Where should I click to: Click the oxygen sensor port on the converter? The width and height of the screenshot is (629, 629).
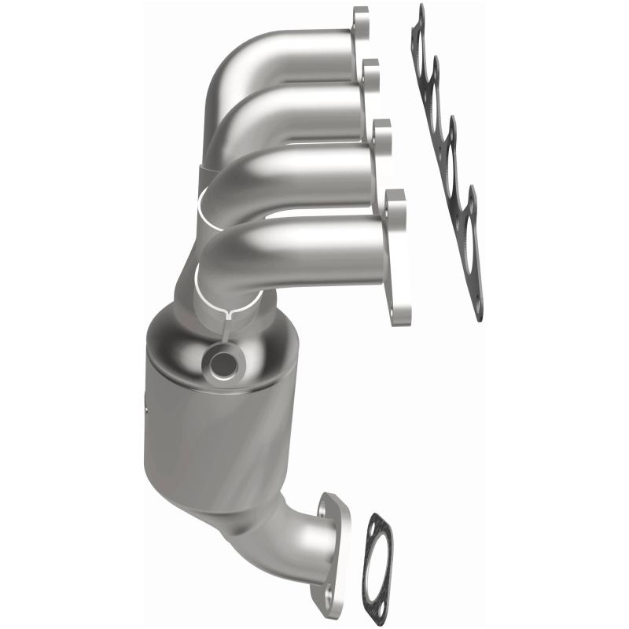click(223, 362)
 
